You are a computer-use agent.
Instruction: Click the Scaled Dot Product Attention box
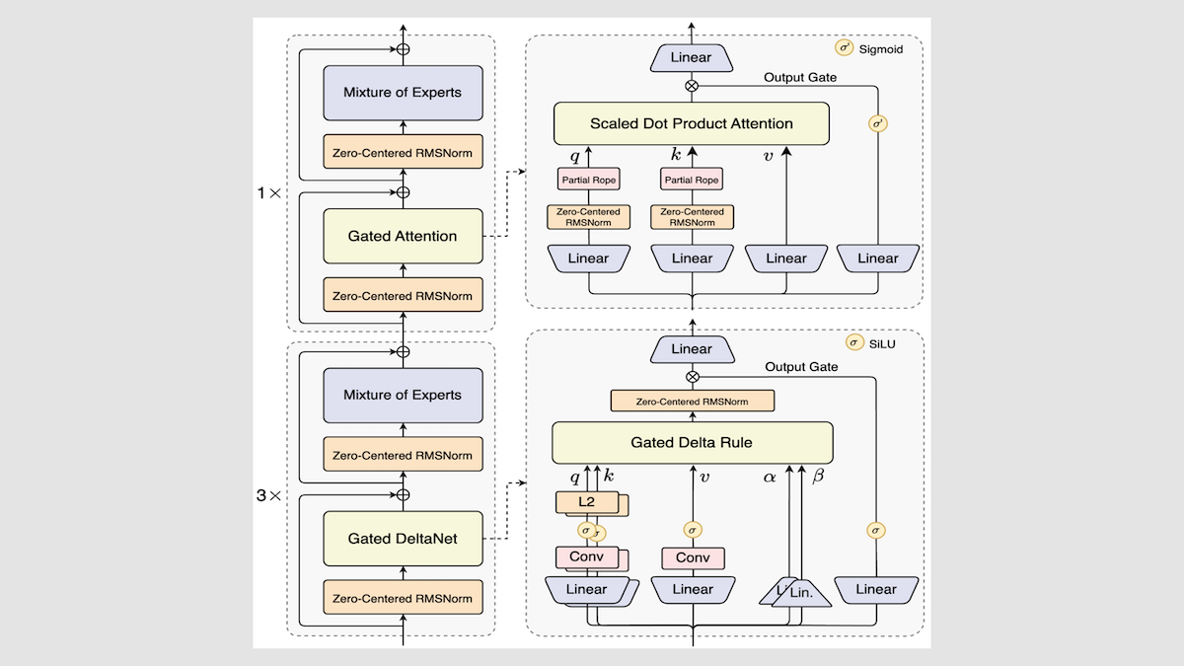point(691,123)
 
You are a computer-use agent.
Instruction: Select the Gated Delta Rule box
point(693,442)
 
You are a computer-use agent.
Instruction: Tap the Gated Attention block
point(403,236)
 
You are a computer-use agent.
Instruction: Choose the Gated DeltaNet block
point(403,538)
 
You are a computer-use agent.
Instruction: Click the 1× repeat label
point(267,192)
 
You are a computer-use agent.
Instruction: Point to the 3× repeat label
point(267,495)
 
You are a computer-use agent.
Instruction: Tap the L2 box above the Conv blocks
point(586,502)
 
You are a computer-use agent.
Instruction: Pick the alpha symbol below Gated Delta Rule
point(771,476)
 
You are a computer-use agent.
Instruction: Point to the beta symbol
point(817,476)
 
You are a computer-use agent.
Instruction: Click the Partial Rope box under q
point(588,179)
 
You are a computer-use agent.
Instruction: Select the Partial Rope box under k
point(691,179)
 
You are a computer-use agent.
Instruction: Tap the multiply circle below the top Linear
point(691,85)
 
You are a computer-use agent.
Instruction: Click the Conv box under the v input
point(693,557)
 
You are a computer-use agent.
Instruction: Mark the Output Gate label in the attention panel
point(801,77)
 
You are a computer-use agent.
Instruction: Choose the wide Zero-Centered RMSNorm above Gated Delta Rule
point(692,401)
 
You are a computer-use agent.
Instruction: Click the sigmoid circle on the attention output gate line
point(876,124)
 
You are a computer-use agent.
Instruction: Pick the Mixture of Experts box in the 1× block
point(403,93)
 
